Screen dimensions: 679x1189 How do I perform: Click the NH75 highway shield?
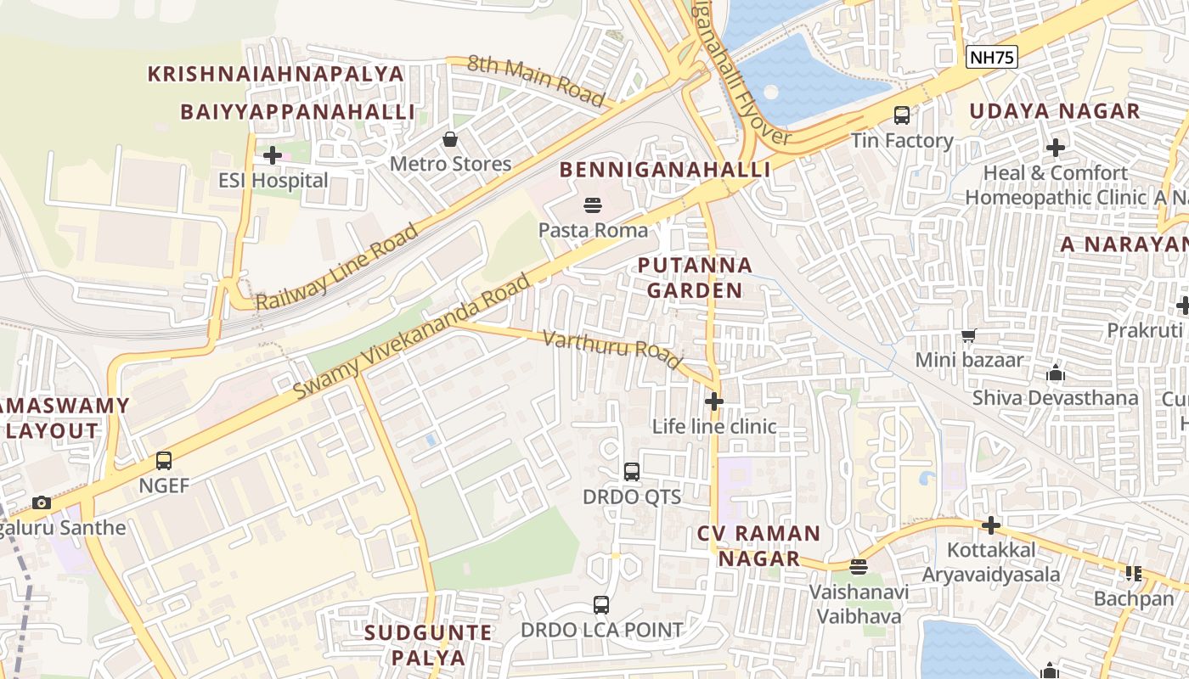tap(992, 57)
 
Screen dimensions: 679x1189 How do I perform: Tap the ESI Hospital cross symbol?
tap(273, 155)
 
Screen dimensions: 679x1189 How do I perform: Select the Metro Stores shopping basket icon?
tap(450, 139)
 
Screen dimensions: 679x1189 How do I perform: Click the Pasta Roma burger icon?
tap(592, 205)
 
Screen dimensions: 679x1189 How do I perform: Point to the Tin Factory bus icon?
tap(902, 115)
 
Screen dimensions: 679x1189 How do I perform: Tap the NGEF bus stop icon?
tap(164, 461)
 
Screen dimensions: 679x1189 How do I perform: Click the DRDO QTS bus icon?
tap(632, 472)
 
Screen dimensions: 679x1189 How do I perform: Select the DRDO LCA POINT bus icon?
tap(601, 605)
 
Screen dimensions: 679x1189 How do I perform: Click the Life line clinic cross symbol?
tap(714, 401)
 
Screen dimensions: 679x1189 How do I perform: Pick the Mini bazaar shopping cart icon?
tap(968, 335)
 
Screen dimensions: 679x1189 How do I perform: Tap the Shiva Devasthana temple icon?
tap(1056, 373)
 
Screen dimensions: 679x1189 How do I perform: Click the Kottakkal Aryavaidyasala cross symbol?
tap(991, 525)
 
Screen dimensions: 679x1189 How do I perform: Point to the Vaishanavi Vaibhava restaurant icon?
tap(859, 566)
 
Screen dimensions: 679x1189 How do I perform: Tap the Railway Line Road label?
tap(337, 267)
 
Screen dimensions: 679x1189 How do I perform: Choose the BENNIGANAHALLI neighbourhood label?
tap(665, 170)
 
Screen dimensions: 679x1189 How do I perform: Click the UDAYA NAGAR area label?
tap(1055, 111)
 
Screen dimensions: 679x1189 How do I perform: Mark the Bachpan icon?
tap(1133, 574)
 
